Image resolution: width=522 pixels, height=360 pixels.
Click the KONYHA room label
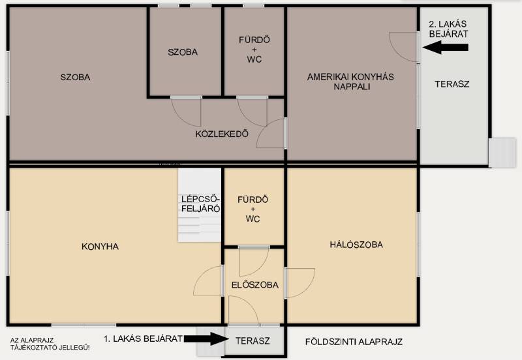click(100, 247)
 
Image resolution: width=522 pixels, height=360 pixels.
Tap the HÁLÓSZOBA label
click(356, 245)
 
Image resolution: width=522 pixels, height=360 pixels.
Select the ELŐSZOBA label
click(255, 285)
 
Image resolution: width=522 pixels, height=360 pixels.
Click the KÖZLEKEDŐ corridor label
click(222, 134)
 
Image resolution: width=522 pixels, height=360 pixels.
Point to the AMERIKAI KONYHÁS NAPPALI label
click(350, 82)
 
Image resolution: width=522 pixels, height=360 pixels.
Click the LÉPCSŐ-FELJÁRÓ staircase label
click(200, 204)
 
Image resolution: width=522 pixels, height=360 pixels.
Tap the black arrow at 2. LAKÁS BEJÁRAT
click(446, 47)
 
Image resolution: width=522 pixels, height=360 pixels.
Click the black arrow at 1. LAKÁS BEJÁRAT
click(206, 338)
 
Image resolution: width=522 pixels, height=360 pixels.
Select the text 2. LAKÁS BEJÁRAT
click(448, 29)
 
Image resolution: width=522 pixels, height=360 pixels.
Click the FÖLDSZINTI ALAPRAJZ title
click(354, 342)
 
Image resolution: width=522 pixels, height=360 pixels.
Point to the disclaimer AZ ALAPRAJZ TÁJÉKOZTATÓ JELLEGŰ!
click(50, 344)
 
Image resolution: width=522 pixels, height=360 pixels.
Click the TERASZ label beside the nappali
click(452, 84)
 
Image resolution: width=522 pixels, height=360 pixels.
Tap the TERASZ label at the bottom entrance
click(253, 341)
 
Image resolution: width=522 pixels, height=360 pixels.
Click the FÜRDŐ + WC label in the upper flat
click(254, 50)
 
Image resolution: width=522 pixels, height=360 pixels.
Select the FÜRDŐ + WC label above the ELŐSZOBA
click(253, 209)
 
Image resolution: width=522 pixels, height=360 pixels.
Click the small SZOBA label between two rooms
click(183, 52)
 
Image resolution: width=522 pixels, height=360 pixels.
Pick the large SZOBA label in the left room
click(75, 77)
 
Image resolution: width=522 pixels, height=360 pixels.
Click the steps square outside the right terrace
click(502, 153)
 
